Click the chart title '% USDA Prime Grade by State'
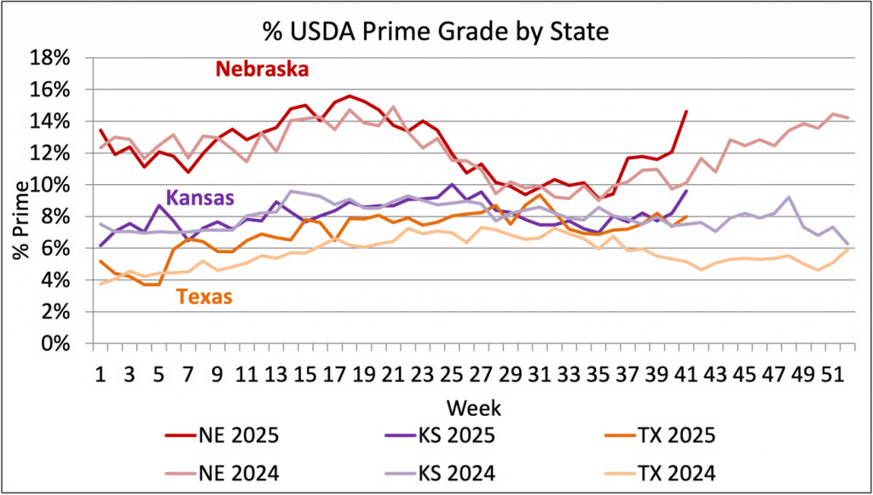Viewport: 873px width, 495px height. [436, 32]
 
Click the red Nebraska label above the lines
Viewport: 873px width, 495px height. [262, 69]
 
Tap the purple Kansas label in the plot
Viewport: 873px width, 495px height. [199, 198]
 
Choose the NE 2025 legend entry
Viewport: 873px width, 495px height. [221, 437]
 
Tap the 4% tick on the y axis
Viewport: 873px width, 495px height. [56, 279]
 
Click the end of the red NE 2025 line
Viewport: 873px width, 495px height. [687, 109]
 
